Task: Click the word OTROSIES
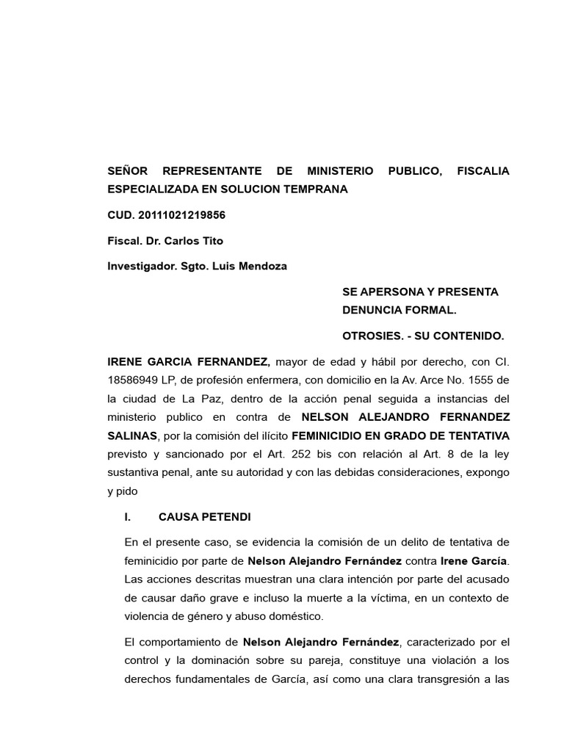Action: point(371,336)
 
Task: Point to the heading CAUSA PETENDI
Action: point(205,517)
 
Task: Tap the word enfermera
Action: point(256,380)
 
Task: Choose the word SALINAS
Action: point(131,436)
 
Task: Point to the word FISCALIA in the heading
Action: point(482,171)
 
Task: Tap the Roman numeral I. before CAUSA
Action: point(128,517)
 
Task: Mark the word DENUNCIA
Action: point(372,311)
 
